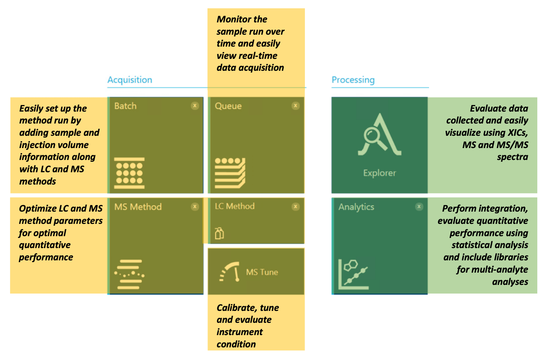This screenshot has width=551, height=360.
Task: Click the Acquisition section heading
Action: (x=130, y=80)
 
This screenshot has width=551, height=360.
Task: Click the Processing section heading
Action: (x=353, y=80)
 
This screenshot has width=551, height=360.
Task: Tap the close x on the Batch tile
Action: (x=195, y=106)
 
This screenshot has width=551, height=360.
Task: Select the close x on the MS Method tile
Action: (x=195, y=207)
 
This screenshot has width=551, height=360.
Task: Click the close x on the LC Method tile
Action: (x=296, y=207)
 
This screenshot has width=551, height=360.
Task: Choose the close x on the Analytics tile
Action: (x=419, y=207)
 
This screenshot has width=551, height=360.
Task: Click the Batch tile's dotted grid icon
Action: (x=130, y=173)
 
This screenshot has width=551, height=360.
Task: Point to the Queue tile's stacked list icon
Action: (x=230, y=173)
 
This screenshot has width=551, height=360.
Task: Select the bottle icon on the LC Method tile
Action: (x=219, y=233)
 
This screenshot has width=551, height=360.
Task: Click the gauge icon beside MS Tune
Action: (x=230, y=272)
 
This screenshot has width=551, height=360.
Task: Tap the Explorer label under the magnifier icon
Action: (x=380, y=173)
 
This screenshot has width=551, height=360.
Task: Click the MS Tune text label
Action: (x=262, y=272)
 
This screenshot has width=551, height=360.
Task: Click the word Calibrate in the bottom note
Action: (x=237, y=308)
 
